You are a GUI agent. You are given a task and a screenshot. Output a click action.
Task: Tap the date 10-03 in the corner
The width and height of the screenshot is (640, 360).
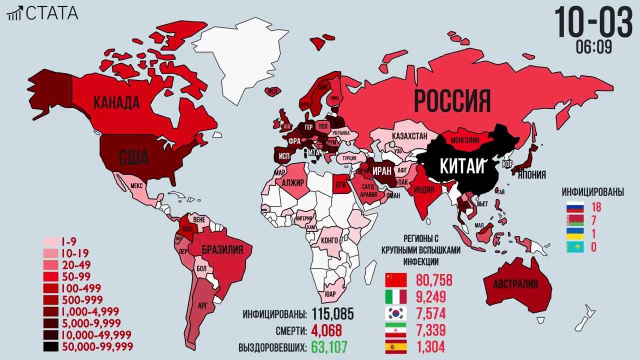(593, 22)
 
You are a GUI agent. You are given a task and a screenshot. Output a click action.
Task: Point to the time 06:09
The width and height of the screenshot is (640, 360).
(593, 47)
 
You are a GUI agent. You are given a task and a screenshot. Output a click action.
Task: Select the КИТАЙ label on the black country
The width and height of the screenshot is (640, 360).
(462, 166)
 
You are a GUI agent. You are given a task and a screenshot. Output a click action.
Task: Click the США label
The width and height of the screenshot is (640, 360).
(134, 157)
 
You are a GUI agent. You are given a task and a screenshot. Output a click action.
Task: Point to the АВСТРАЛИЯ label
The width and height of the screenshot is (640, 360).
(515, 284)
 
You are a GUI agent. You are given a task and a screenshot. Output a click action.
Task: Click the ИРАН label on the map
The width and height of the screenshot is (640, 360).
(382, 170)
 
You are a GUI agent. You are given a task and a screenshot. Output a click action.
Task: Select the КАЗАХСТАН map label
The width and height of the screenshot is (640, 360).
(409, 136)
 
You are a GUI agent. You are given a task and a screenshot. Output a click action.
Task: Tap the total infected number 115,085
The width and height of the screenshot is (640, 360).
(333, 314)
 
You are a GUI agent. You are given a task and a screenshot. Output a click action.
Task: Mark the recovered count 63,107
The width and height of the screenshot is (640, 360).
(329, 346)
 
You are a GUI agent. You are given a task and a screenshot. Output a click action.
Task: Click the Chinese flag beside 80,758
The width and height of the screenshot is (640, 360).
(396, 280)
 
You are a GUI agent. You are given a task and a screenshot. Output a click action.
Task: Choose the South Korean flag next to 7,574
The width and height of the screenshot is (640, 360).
(396, 313)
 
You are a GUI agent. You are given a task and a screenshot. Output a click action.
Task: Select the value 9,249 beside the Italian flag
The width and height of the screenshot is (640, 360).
(430, 297)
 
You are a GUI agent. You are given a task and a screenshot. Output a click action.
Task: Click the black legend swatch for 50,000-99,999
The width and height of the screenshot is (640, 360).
(51, 346)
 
